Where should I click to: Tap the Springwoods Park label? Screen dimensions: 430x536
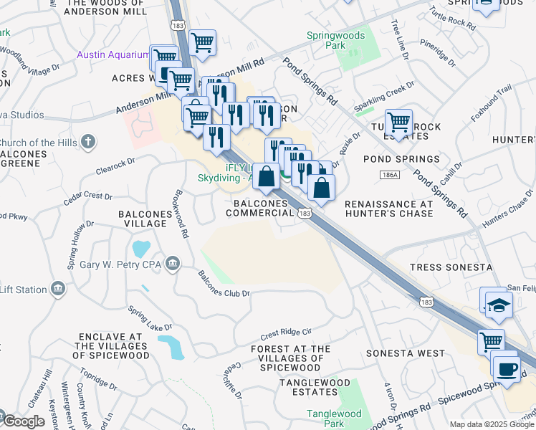[x=335, y=40]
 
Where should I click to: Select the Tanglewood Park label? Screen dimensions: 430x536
[x=334, y=419]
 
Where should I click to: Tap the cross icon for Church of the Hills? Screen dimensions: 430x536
[x=88, y=142]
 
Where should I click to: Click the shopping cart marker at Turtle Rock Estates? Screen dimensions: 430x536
[x=398, y=120]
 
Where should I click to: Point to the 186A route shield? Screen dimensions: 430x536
[x=386, y=175]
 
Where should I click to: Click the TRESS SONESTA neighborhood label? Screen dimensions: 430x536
[x=451, y=267]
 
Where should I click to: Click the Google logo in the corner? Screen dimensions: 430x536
[x=23, y=421]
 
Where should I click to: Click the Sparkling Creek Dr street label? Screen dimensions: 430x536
[x=384, y=96]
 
